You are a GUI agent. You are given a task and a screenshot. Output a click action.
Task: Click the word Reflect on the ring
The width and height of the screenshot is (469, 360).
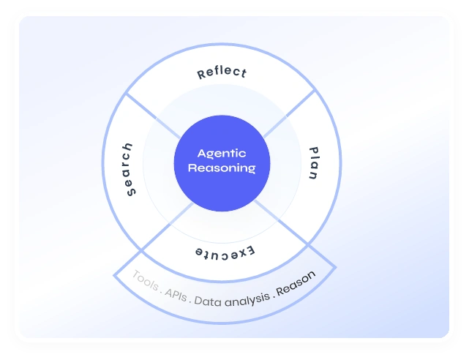coord(222,73)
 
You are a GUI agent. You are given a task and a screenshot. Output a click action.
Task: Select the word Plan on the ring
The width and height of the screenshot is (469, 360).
coord(312,164)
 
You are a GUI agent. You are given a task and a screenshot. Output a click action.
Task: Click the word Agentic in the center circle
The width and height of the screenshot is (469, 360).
coord(222,154)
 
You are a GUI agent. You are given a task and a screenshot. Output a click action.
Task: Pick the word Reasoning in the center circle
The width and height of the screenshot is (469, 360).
coord(222,168)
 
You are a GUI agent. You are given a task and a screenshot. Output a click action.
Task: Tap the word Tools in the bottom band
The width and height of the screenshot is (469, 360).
coord(145,282)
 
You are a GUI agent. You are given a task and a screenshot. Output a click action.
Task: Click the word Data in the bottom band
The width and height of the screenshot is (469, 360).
coord(208,301)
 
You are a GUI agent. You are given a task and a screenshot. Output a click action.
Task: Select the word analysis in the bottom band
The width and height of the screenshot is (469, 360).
coord(248,299)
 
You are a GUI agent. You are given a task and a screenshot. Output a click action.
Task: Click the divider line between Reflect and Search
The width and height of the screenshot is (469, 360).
coord(153,114)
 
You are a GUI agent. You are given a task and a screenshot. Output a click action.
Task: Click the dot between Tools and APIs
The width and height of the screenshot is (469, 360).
coord(162,291)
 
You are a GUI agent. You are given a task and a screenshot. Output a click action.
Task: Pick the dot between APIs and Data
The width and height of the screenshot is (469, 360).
coord(191,300)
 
